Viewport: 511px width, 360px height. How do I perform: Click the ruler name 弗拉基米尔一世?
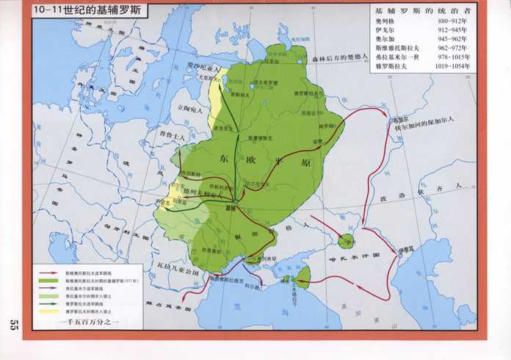(395, 58)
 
